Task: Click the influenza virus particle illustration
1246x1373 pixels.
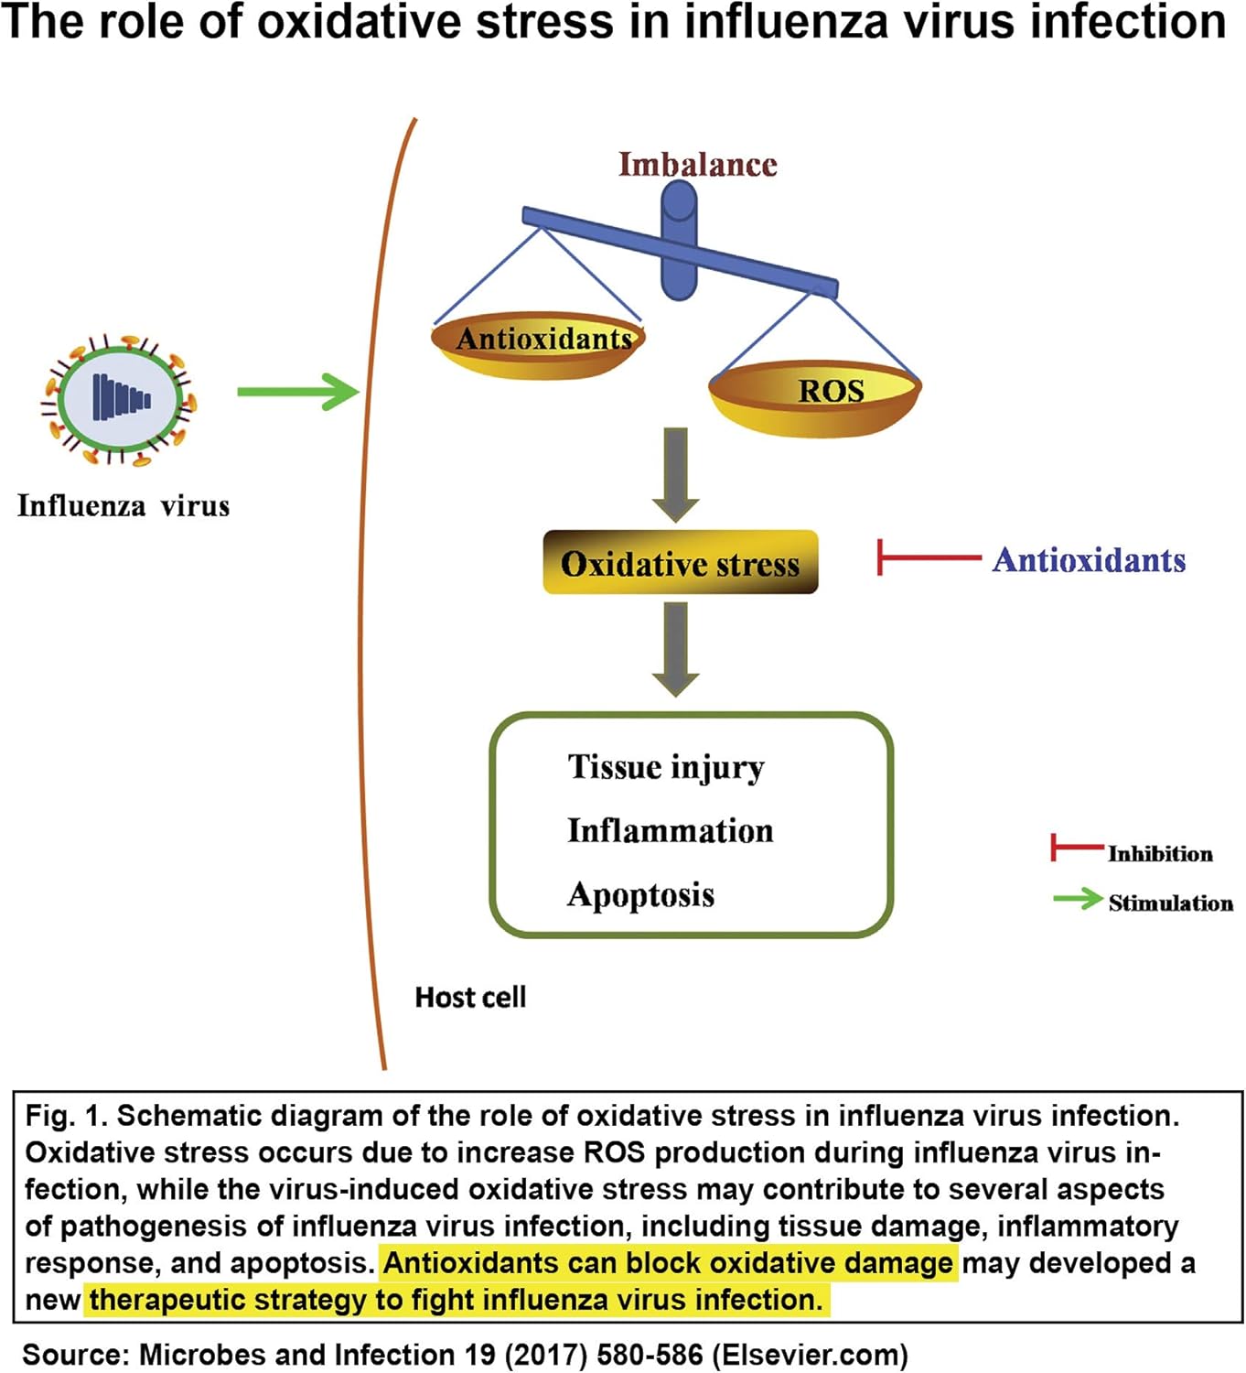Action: [119, 399]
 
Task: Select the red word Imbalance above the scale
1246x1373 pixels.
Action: [698, 165]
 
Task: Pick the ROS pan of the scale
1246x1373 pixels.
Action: [815, 395]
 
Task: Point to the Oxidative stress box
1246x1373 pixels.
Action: [680, 563]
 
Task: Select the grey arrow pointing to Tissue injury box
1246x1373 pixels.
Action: [676, 648]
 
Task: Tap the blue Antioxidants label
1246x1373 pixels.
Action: [1089, 559]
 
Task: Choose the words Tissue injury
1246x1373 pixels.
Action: [665, 767]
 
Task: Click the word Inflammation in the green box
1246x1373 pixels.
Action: [670, 830]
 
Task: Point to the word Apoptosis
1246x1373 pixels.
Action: [640, 894]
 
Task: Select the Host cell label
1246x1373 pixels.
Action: [470, 997]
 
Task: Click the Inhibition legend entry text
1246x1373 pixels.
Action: [1160, 854]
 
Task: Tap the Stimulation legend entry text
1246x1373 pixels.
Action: [1170, 903]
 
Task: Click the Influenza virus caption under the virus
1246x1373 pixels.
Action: [124, 506]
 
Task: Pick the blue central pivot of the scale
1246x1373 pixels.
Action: [679, 240]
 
